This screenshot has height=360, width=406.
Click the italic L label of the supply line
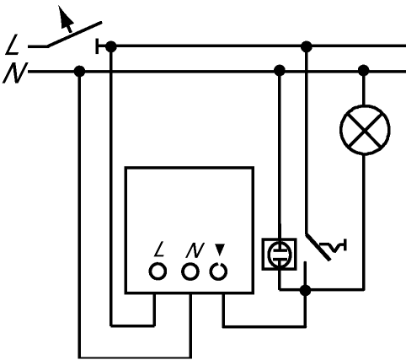pos(12,45)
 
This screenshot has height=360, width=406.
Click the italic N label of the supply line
pos(15,73)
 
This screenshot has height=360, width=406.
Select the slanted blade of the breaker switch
pos(74,35)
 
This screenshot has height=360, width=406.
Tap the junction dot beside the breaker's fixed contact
pos(111,46)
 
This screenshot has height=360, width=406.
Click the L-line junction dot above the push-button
pos(307,46)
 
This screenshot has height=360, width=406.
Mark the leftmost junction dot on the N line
pos(79,71)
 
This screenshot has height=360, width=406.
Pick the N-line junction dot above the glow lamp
pos(280,71)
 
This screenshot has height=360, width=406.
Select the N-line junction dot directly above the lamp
pos(364,71)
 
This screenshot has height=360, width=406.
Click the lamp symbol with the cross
pos(365,130)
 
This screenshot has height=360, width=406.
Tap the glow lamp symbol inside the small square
pos(280,254)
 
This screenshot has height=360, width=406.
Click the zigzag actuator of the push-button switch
pos(334,246)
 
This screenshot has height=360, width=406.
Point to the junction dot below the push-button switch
pos(305,290)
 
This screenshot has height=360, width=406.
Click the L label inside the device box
pos(159,249)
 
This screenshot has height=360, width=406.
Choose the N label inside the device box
pos(195,250)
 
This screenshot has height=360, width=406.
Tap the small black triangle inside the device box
pos(220,250)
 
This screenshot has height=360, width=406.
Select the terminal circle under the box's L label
pos(158,271)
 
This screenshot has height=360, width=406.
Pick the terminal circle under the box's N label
pos(190,271)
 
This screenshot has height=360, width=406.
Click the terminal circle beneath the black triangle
pos(218,271)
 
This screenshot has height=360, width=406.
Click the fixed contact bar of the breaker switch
pos(97,46)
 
